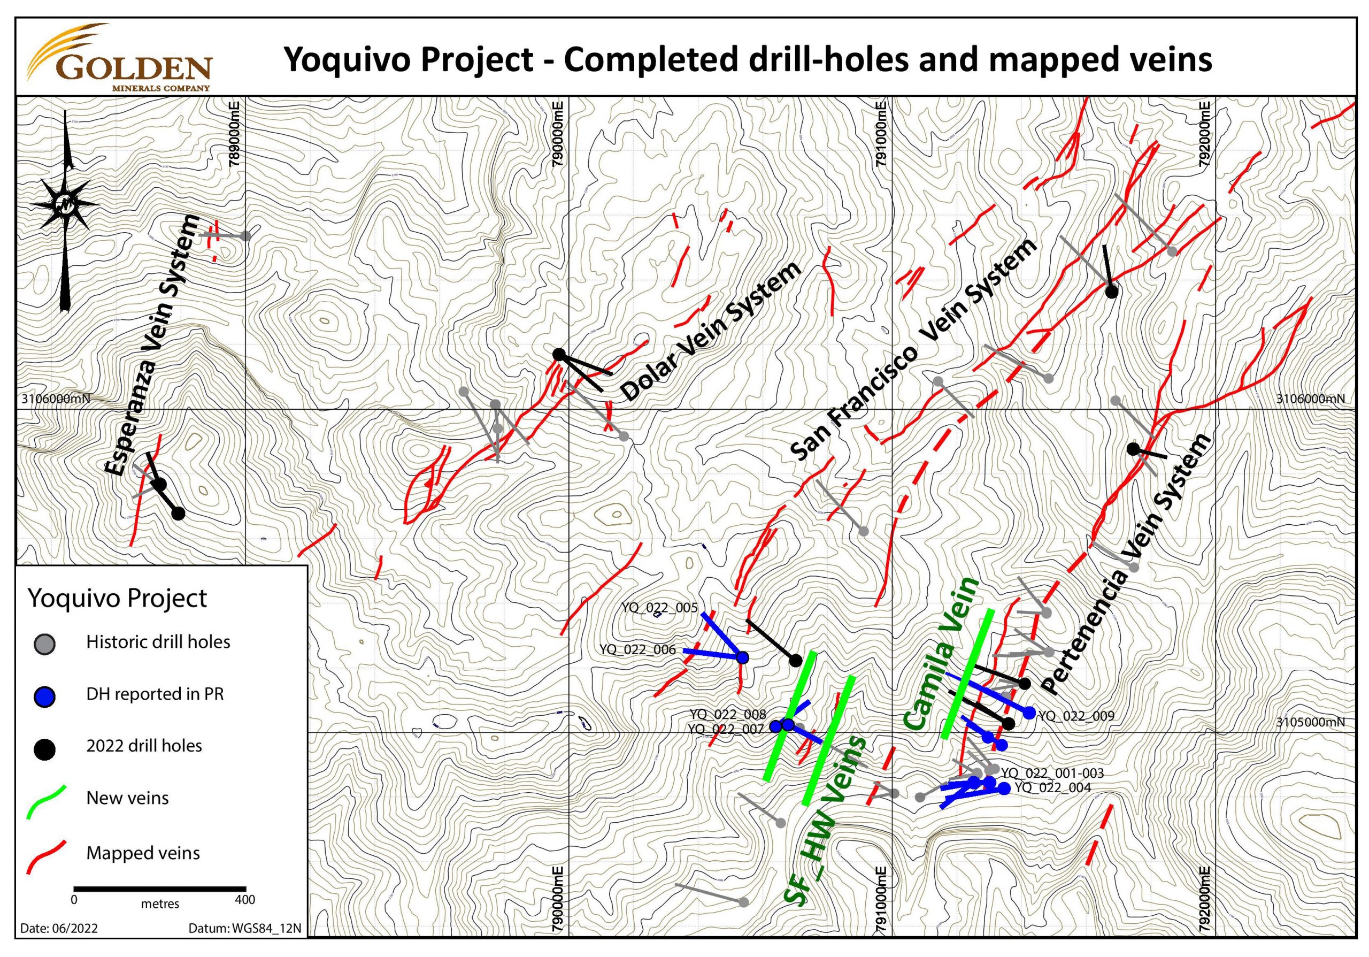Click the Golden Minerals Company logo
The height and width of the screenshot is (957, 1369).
(x=119, y=58)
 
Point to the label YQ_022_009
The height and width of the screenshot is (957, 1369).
(x=1076, y=716)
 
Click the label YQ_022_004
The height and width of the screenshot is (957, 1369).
(x=1053, y=787)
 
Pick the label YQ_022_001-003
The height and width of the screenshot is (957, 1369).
(x=1052, y=774)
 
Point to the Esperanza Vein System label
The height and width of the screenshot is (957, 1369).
(x=152, y=346)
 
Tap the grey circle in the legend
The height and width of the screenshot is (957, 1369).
(x=45, y=644)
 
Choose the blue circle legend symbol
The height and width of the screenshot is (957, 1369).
(x=45, y=696)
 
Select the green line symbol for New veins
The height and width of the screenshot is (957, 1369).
(x=47, y=801)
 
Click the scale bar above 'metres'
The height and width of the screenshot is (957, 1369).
(x=160, y=889)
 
